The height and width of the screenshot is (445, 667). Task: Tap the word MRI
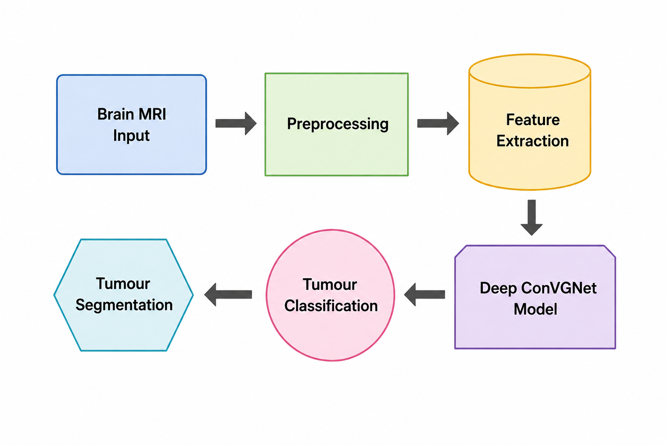pyautogui.click(x=152, y=114)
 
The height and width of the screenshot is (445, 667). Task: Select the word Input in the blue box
pyautogui.click(x=131, y=136)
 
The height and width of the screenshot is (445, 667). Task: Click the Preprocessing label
pyautogui.click(x=338, y=124)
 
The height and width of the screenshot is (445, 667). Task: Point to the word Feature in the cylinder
pyautogui.click(x=533, y=120)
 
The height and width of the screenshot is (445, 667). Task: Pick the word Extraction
pyautogui.click(x=532, y=141)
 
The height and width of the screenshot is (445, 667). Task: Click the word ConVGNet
pyautogui.click(x=559, y=288)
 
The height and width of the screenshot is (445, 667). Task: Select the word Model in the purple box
pyautogui.click(x=535, y=309)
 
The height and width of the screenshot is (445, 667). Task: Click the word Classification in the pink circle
pyautogui.click(x=331, y=306)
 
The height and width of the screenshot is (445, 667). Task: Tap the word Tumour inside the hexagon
pyautogui.click(x=123, y=283)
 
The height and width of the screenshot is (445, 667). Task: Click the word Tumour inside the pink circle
pyautogui.click(x=330, y=284)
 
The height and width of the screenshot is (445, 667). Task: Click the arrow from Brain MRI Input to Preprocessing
pyautogui.click(x=236, y=123)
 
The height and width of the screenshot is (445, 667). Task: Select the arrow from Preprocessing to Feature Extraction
pyautogui.click(x=438, y=123)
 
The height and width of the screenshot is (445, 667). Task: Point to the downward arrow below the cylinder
pyautogui.click(x=532, y=218)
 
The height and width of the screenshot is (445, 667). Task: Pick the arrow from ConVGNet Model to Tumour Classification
pyautogui.click(x=424, y=295)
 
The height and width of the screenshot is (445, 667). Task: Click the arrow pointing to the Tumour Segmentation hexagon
pyautogui.click(x=228, y=295)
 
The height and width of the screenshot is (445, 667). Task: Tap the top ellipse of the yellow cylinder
pyautogui.click(x=530, y=54)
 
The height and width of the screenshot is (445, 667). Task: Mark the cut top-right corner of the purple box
pyautogui.click(x=610, y=251)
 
